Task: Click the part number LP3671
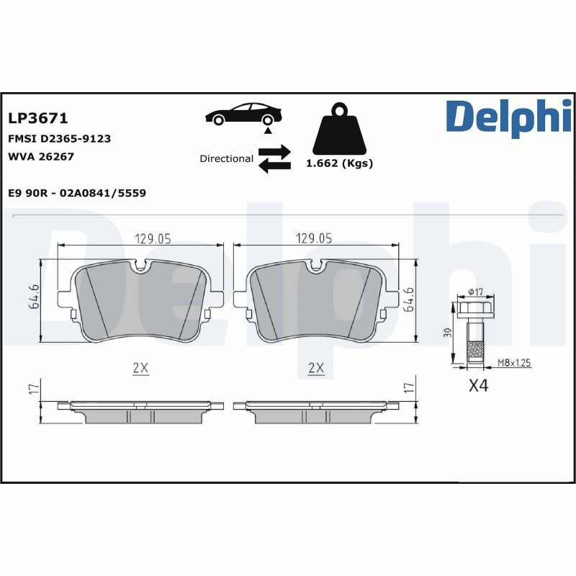37,118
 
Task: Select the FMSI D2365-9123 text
59,138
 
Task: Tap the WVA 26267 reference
41,156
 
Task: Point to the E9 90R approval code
77,192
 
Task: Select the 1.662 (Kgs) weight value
339,163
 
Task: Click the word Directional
226,158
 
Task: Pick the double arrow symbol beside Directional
274,158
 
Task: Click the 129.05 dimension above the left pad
153,239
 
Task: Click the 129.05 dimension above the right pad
314,239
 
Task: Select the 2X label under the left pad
140,368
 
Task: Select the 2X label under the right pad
315,368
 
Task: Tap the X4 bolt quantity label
478,386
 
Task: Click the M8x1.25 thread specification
513,364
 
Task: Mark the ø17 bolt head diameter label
475,292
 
